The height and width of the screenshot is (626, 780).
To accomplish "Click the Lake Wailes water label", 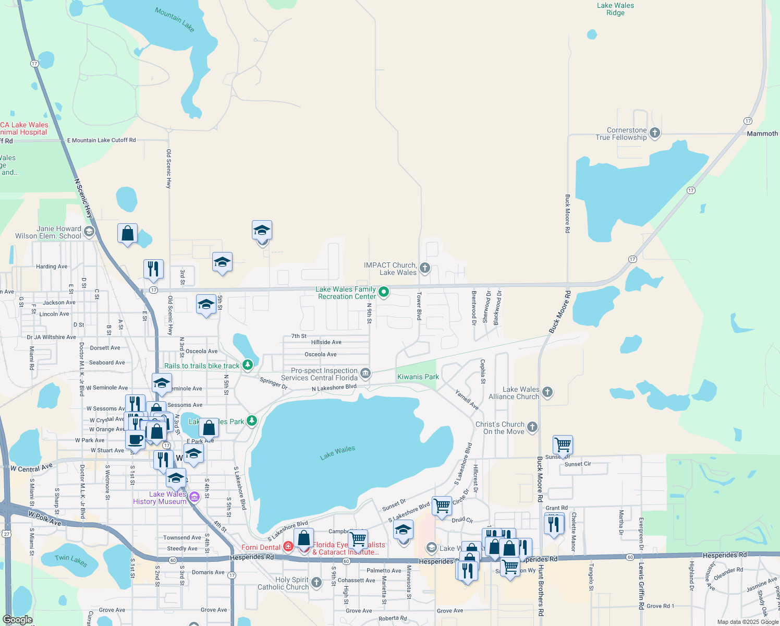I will pyautogui.click(x=337, y=452).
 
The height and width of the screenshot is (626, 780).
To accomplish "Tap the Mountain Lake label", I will pyautogui.click(x=174, y=19).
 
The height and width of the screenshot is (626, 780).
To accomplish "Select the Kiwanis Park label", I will pyautogui.click(x=418, y=377).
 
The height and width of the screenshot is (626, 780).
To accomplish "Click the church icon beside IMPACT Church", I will pyautogui.click(x=425, y=269).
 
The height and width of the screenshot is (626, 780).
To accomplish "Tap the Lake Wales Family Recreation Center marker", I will pyautogui.click(x=384, y=292).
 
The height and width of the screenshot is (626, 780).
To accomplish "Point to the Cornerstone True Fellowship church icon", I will pyautogui.click(x=655, y=133).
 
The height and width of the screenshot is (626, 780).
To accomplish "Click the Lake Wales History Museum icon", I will pyautogui.click(x=194, y=497).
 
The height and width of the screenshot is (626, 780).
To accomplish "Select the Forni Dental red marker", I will pyautogui.click(x=288, y=547).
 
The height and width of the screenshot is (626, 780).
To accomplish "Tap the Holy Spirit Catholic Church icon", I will pyautogui.click(x=316, y=582).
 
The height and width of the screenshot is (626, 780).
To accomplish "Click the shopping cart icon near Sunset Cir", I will pyautogui.click(x=563, y=445).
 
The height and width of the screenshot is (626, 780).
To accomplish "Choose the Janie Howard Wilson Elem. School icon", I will pyautogui.click(x=89, y=232).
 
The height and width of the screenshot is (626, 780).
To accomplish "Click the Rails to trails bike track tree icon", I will pyautogui.click(x=248, y=365).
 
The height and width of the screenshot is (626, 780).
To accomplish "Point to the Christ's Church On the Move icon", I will pyautogui.click(x=532, y=427).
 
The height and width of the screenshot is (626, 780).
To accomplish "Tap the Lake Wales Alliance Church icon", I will pyautogui.click(x=547, y=392).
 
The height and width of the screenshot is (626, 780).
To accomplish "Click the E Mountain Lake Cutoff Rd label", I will pyautogui.click(x=101, y=140).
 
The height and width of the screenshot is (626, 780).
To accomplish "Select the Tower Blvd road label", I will pyautogui.click(x=419, y=306).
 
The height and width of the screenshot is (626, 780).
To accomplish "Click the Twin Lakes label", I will pyautogui.click(x=71, y=560).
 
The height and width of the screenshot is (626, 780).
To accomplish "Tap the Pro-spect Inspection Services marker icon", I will pyautogui.click(x=365, y=374).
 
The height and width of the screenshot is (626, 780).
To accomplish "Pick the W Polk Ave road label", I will pyautogui.click(x=45, y=519).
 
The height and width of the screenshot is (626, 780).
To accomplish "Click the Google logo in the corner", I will pyautogui.click(x=18, y=620).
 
